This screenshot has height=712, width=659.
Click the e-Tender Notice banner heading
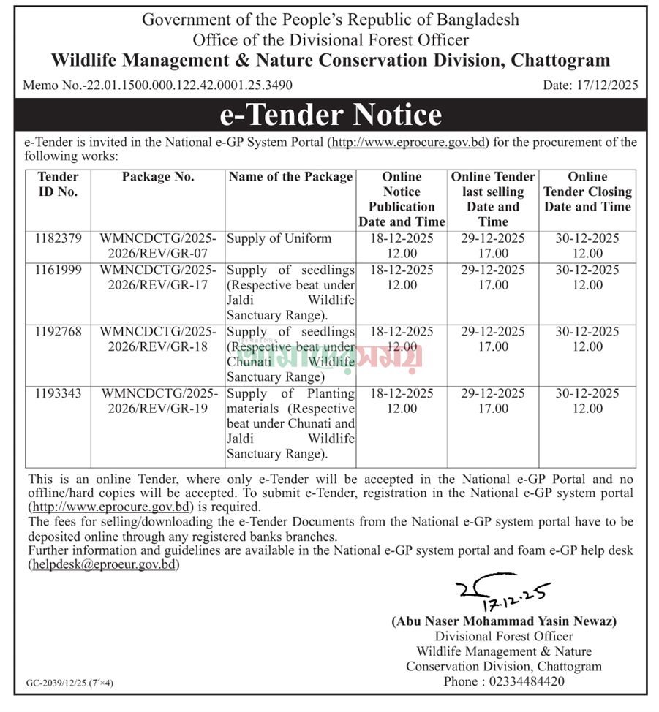(x=331, y=115)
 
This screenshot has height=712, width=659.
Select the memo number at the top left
(x=158, y=85)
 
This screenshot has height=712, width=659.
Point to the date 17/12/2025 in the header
(x=590, y=85)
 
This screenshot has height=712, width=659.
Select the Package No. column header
(x=158, y=177)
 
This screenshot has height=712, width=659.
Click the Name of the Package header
(x=290, y=177)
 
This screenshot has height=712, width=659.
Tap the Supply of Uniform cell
(x=279, y=238)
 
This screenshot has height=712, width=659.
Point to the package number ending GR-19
(x=158, y=401)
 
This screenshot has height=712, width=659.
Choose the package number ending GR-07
(x=158, y=246)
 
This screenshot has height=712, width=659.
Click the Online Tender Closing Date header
(x=587, y=192)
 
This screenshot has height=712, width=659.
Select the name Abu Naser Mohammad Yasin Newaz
(x=504, y=621)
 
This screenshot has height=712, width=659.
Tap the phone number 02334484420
(x=524, y=681)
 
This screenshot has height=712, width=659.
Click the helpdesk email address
(x=103, y=564)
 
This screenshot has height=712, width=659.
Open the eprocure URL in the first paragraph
(x=410, y=142)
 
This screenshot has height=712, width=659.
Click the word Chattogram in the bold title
(x=560, y=60)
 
